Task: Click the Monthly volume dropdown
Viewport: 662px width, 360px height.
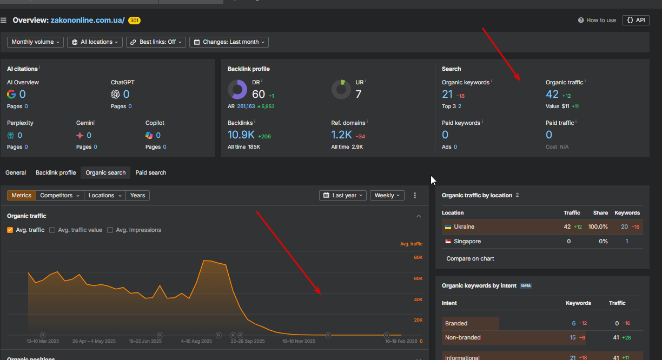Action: click(x=35, y=42)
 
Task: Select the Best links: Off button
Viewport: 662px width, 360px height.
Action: click(x=156, y=42)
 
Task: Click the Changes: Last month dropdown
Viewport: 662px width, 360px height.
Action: click(x=229, y=42)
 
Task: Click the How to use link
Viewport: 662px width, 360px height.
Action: click(x=597, y=21)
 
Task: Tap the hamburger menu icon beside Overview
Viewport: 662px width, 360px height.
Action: click(x=4, y=21)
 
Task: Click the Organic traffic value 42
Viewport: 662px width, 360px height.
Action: click(x=552, y=95)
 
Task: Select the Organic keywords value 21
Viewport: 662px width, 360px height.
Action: click(x=447, y=95)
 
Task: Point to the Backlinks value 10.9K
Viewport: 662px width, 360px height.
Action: click(x=241, y=135)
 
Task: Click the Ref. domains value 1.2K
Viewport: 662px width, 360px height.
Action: click(x=342, y=135)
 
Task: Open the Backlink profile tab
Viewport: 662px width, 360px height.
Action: click(x=56, y=173)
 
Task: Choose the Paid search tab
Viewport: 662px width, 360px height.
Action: click(x=151, y=173)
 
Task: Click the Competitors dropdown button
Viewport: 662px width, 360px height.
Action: click(x=60, y=196)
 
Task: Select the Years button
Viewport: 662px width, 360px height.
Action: click(x=137, y=196)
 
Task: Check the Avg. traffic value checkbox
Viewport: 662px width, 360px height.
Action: click(x=52, y=230)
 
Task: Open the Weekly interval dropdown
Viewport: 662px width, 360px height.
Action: click(x=387, y=196)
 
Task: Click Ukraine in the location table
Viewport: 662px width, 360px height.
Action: click(x=464, y=227)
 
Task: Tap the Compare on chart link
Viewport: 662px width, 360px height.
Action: click(x=470, y=259)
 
